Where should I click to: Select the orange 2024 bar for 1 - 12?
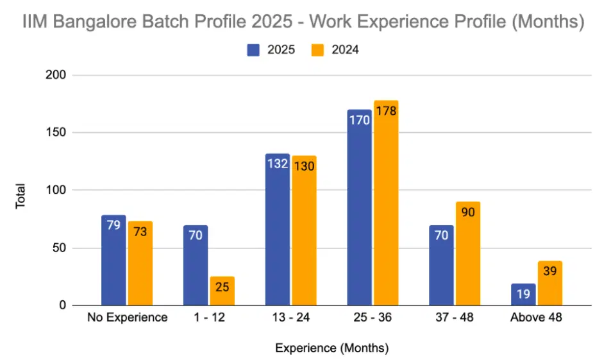coord(222,291)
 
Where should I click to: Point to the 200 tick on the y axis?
coord(59,76)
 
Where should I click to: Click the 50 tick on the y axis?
coord(62,248)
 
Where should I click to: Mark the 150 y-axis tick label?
coord(59,133)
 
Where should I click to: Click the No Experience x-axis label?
coord(127,318)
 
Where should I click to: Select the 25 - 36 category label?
coord(373,318)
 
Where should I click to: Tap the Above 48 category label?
coord(536,318)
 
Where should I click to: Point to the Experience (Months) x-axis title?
coord(331,348)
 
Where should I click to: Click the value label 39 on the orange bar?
coord(550,271)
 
